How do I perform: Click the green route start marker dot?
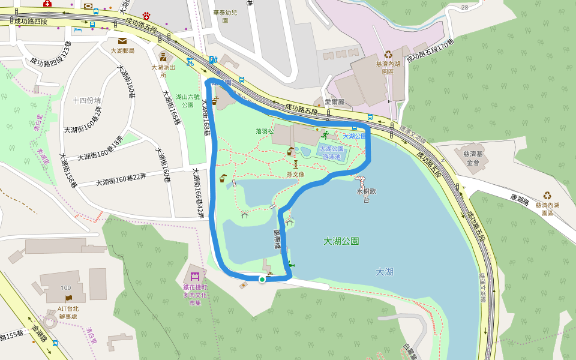pos(262,279)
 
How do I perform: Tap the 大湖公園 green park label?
pos(341,241)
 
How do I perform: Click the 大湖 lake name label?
pos(384,272)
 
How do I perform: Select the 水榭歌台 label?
pos(367,196)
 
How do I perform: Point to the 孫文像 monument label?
pos(296,175)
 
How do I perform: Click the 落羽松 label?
pos(264,131)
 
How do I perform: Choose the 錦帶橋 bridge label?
pos(277,238)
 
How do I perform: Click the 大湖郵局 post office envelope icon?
pos(122,41)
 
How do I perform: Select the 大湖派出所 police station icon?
pos(163,58)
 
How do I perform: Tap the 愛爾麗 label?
pos(334,102)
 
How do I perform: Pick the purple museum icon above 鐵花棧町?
pos(194,277)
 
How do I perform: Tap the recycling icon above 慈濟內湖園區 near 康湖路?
pos(547,196)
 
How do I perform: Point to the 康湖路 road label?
pos(521,198)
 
